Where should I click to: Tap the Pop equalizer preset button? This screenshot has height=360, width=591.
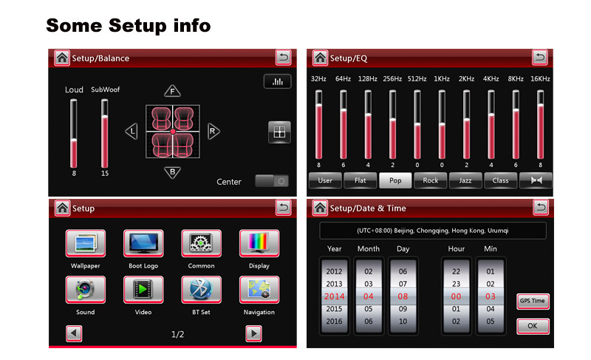point(395,180)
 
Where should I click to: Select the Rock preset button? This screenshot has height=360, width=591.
point(430,180)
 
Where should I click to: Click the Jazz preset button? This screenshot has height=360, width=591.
point(465,180)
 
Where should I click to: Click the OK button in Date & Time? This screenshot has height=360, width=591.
point(533,326)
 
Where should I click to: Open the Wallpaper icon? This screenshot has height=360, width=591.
point(86,243)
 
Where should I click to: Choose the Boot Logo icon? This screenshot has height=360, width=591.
point(143,243)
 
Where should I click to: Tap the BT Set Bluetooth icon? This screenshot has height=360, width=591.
point(201,290)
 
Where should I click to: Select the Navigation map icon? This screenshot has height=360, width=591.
point(259,290)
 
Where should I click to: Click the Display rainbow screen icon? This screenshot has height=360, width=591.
point(259,243)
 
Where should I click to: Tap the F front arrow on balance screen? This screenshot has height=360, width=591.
point(173,91)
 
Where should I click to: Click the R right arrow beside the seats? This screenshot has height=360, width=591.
point(213,131)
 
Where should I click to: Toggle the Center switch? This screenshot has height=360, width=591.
point(272,181)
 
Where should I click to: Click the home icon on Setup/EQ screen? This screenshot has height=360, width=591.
point(320,58)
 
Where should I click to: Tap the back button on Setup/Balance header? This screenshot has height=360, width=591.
point(284,58)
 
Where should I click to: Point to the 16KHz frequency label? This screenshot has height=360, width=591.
point(540,79)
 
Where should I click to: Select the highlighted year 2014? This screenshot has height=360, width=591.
point(335,296)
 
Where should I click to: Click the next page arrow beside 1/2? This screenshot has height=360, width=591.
point(253,333)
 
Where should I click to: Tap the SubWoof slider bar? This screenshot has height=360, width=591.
point(105,134)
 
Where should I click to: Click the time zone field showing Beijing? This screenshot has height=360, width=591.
point(433,231)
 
